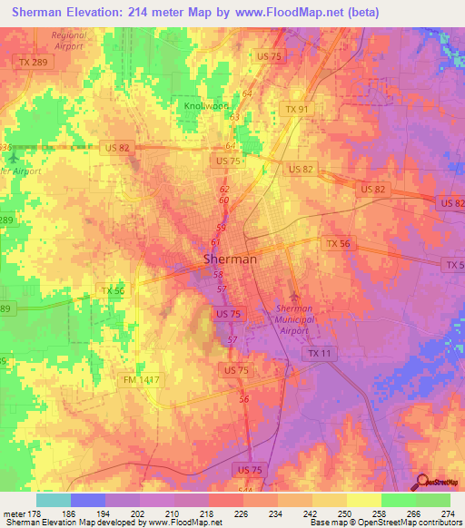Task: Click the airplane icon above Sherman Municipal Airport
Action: click(292, 297)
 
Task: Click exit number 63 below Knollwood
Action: click(234, 117)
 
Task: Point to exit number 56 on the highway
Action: click(243, 399)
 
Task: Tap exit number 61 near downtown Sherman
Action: click(216, 242)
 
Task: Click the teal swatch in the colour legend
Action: click(53, 500)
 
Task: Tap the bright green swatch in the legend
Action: click(398, 500)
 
